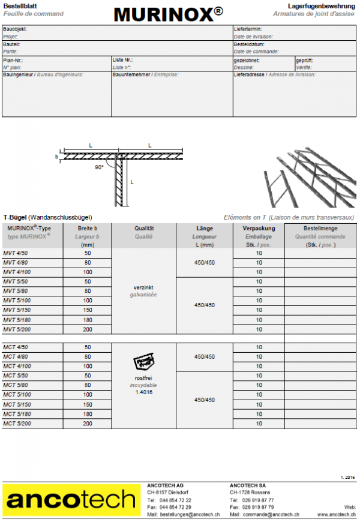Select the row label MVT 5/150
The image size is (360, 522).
[16, 310]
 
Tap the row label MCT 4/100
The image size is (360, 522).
[16, 366]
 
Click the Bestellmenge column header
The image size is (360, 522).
[320, 229]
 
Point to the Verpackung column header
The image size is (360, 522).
[259, 229]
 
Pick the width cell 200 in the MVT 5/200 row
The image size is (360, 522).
[88, 329]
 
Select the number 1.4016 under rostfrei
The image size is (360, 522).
[143, 392]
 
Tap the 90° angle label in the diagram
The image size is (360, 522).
[99, 167]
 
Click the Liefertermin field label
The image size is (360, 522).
[248, 29]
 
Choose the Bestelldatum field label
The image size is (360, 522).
[249, 44]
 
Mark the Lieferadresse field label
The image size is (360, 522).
[250, 75]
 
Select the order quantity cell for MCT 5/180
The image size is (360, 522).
[320, 414]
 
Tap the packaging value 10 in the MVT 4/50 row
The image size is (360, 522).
[259, 253]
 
